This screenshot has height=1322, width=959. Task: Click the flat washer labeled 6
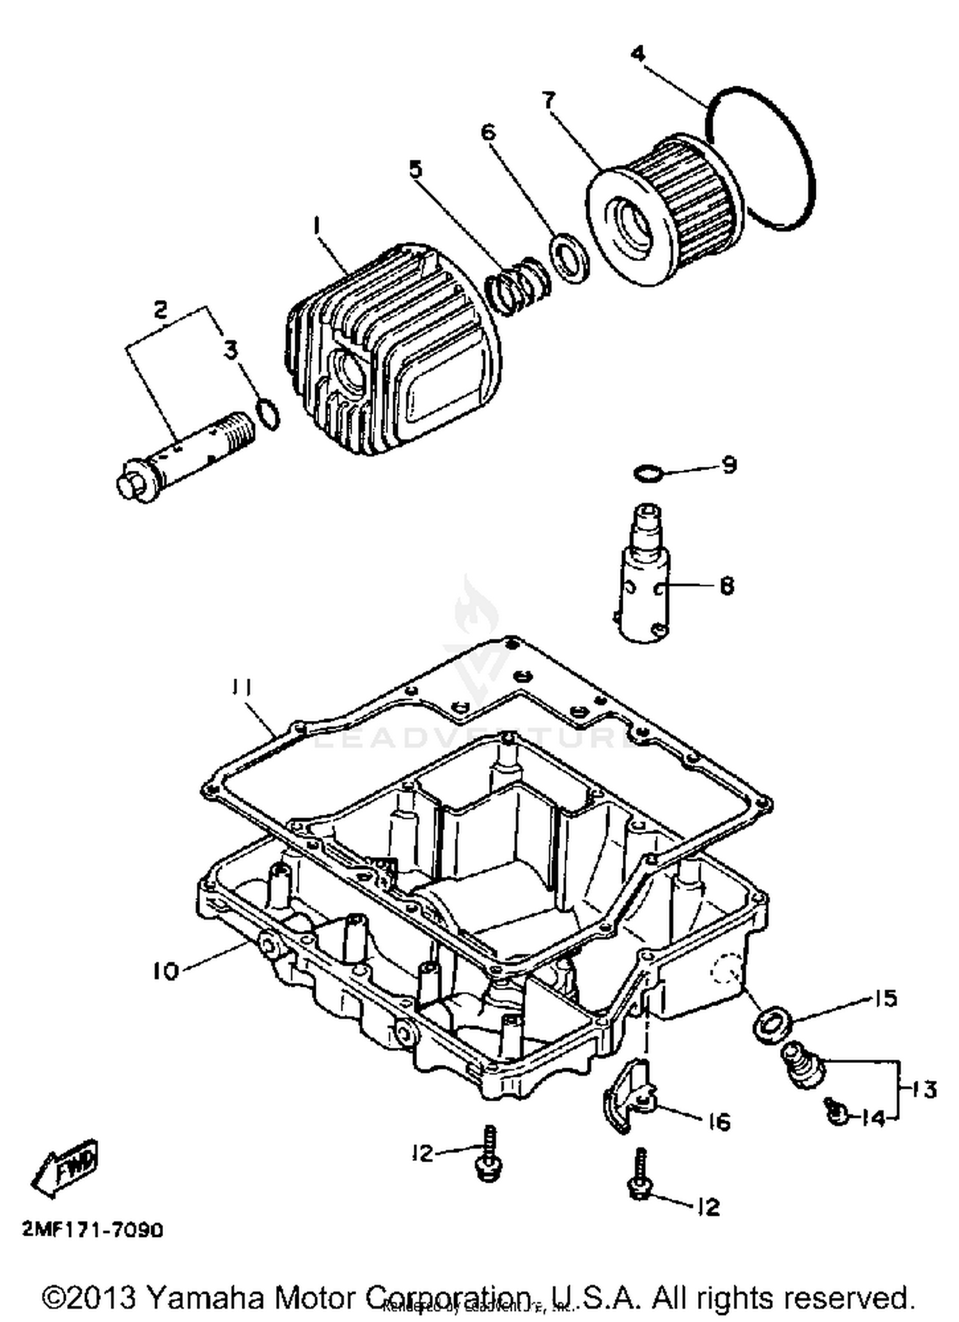point(568,257)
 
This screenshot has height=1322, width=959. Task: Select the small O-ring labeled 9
point(647,474)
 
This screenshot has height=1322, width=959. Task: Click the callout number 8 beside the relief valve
point(727,585)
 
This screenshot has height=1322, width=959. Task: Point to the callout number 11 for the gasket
point(242,688)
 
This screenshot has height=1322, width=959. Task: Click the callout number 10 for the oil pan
point(165,972)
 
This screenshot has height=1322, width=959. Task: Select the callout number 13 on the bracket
point(923,1089)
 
